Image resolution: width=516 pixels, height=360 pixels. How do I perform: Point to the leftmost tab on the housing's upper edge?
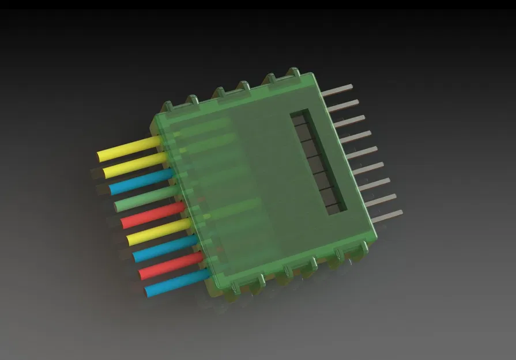[x=167, y=107]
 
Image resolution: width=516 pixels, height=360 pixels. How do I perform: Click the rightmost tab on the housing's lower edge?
[x=363, y=248]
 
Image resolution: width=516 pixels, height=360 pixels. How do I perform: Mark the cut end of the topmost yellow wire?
[x=100, y=156]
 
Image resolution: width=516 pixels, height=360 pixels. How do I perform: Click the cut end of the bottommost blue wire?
[x=149, y=293]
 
